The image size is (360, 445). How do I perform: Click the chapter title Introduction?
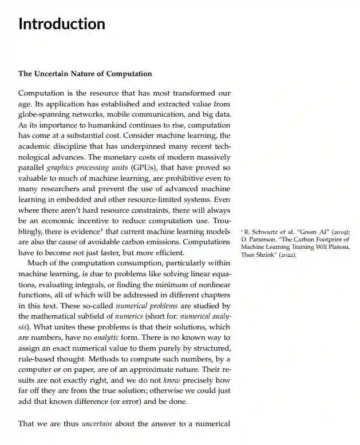point(62,24)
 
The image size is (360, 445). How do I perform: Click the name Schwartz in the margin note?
point(265,232)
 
